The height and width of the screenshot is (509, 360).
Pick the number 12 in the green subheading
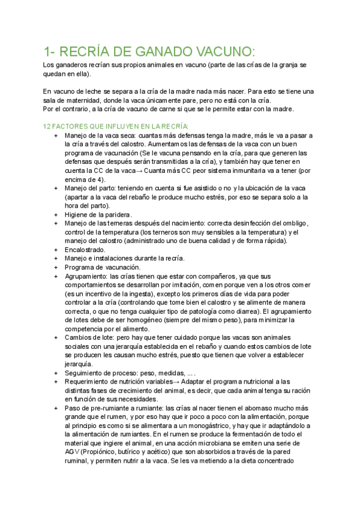tap(48, 127)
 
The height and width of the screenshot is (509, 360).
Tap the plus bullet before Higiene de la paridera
tap(56, 215)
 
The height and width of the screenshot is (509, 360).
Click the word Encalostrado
tap(85, 250)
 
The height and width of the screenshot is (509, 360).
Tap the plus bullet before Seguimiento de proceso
tap(56, 373)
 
